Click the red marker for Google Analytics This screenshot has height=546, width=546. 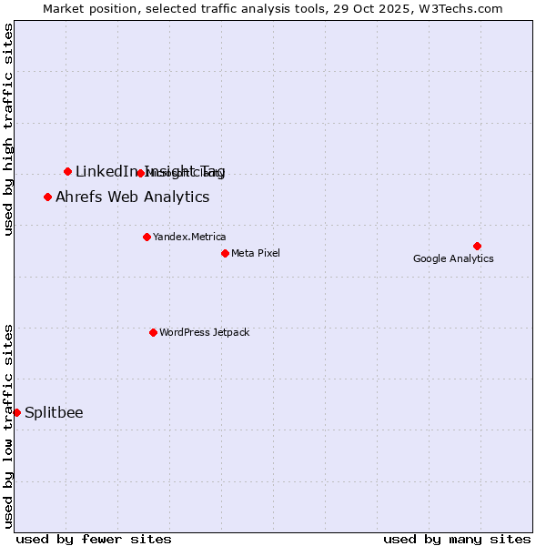pyautogui.click(x=477, y=246)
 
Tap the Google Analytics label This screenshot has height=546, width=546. pyautogui.click(x=453, y=258)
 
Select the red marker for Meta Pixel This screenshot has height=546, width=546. pyautogui.click(x=225, y=253)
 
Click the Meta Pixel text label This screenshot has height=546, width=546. pyautogui.click(x=256, y=253)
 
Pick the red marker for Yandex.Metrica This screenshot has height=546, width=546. pyautogui.click(x=147, y=237)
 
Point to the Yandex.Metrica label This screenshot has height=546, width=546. pyautogui.click(x=189, y=237)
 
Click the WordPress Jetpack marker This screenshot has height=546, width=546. pyautogui.click(x=153, y=332)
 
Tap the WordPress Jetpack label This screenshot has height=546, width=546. pyautogui.click(x=204, y=332)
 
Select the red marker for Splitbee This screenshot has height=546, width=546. pyautogui.click(x=16, y=412)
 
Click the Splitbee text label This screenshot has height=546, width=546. pyautogui.click(x=54, y=412)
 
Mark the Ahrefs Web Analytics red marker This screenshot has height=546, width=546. pyautogui.click(x=47, y=197)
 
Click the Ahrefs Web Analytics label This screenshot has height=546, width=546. pyautogui.click(x=132, y=197)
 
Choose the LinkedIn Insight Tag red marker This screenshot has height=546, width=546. pyautogui.click(x=67, y=171)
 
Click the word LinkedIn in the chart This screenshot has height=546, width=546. pyautogui.click(x=107, y=171)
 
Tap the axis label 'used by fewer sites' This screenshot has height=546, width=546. pyautogui.click(x=94, y=539)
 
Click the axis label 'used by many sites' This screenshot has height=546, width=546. pyautogui.click(x=457, y=539)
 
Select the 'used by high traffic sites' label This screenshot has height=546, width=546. pyautogui.click(x=8, y=130)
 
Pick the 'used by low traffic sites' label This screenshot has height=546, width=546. pyautogui.click(x=8, y=426)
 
